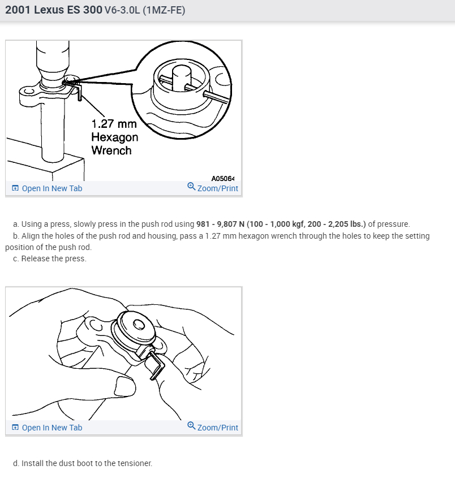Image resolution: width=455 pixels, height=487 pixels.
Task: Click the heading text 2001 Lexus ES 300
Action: pyautogui.click(x=54, y=10)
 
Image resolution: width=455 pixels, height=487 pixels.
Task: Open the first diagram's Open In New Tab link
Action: pyautogui.click(x=51, y=188)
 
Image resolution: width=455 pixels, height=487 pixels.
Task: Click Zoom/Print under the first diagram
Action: pyautogui.click(x=217, y=188)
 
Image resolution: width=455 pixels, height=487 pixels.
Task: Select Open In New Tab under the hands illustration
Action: pyautogui.click(x=51, y=428)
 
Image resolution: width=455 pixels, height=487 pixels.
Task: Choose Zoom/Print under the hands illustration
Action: pyautogui.click(x=217, y=428)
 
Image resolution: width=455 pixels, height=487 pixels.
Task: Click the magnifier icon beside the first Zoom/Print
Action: pyautogui.click(x=191, y=187)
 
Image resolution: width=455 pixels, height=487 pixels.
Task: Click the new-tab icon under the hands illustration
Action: pyautogui.click(x=15, y=428)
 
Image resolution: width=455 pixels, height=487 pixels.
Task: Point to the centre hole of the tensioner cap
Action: pyautogui.click(x=139, y=324)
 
